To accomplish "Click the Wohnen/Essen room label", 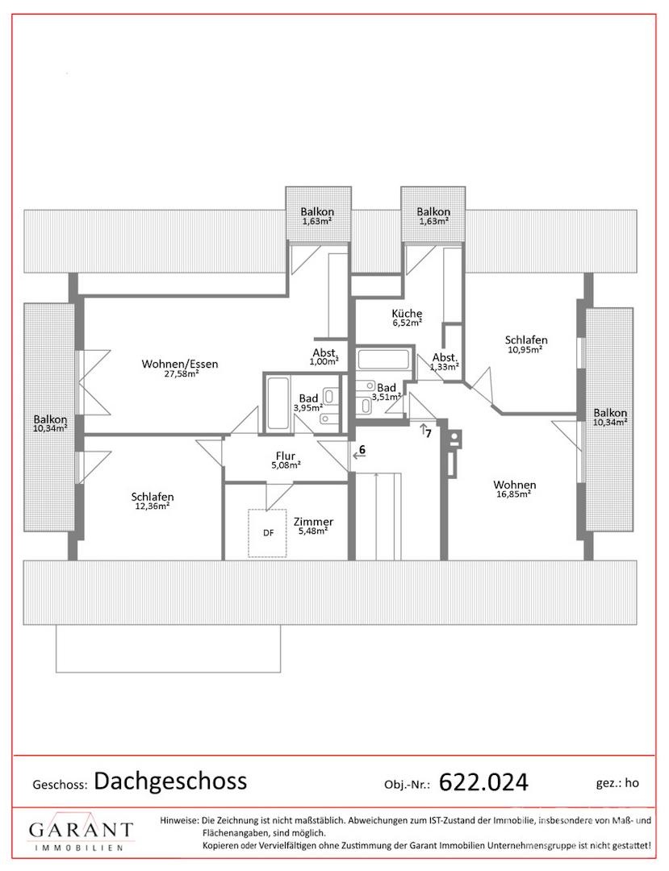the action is pyautogui.click(x=179, y=365).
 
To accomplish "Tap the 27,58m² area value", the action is pyautogui.click(x=180, y=374).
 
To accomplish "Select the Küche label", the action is pyautogui.click(x=407, y=313).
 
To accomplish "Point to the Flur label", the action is pyautogui.click(x=286, y=456).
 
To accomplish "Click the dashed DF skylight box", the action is pyautogui.click(x=267, y=533).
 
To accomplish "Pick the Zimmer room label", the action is pyautogui.click(x=313, y=522).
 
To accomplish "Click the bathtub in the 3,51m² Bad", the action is pyautogui.click(x=383, y=359).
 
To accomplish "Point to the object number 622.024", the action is pyautogui.click(x=483, y=782).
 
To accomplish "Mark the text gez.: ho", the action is pyautogui.click(x=617, y=783).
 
